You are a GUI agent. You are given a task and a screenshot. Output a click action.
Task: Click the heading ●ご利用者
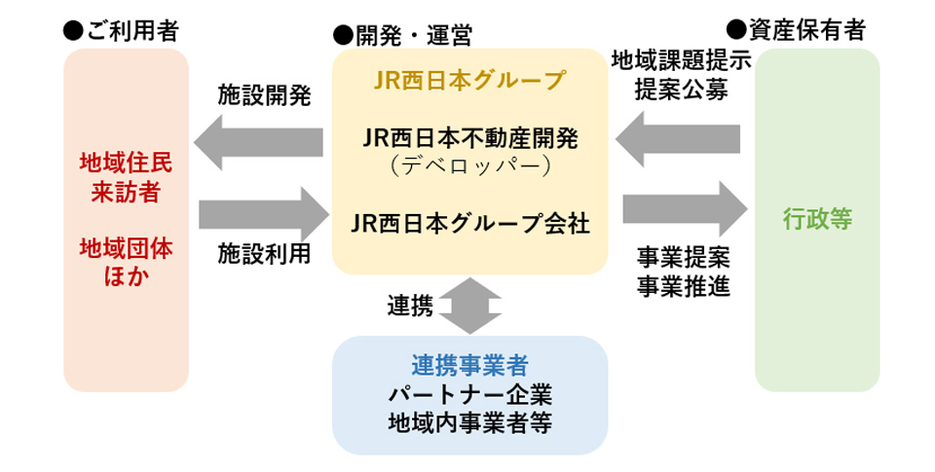point(121,31)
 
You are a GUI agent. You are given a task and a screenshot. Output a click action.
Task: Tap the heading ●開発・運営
point(402,36)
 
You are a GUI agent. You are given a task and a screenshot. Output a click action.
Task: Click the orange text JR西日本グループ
point(469,80)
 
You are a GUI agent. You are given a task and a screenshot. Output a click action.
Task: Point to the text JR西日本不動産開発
point(469,138)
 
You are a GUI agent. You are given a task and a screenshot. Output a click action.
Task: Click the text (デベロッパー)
point(469,165)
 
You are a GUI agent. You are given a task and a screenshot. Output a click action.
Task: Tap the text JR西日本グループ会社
point(469,223)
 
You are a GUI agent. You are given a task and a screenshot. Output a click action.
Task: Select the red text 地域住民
point(126,162)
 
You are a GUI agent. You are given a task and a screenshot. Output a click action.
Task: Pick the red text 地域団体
point(126,249)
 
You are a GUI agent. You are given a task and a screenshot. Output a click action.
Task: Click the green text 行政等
point(817,220)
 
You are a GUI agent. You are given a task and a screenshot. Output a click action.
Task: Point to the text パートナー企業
point(469,395)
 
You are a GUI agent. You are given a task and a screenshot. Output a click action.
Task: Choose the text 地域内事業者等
point(469,424)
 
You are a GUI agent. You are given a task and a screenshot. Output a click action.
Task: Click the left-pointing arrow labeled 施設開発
point(258,144)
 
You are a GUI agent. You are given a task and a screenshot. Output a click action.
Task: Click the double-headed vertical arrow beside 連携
point(469,305)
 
